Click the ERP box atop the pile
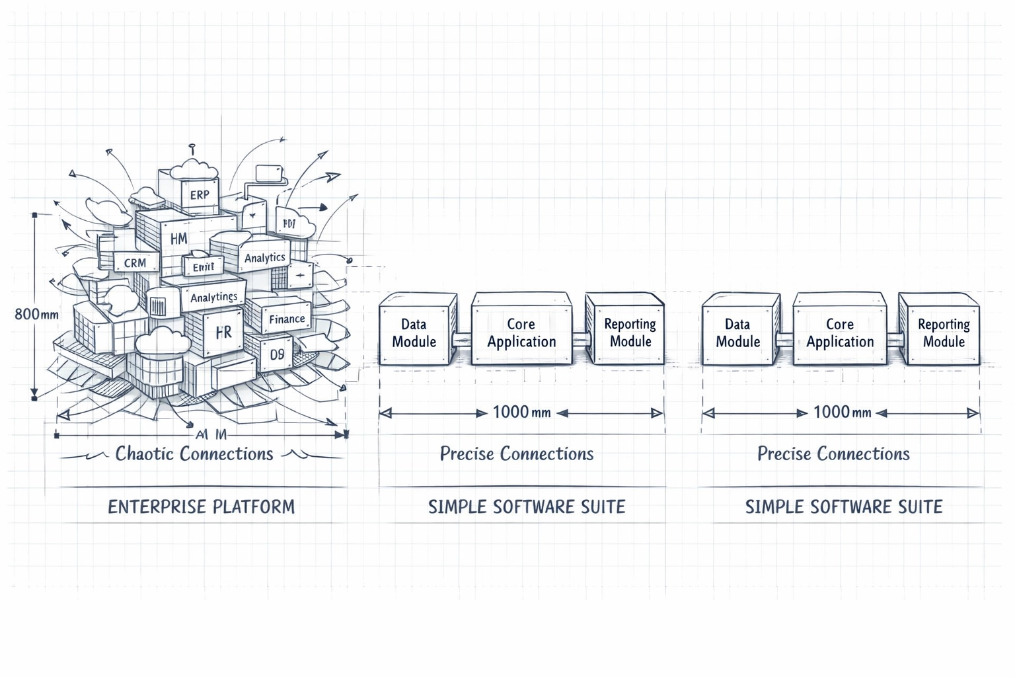199,195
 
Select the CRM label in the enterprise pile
135,262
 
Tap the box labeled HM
178,239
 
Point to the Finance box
287,319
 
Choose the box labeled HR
223,332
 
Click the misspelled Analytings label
213,298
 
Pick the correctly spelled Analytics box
264,258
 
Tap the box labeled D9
277,355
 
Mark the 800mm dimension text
36,315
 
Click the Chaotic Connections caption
194,454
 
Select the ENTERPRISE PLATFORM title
202,507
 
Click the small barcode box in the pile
159,306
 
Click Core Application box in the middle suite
521,333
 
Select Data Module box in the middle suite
414,333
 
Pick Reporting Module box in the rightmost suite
944,333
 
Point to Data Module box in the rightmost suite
737,333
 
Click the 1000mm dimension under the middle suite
521,413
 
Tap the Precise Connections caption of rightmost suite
833,454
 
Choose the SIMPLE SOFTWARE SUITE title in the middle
527,507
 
